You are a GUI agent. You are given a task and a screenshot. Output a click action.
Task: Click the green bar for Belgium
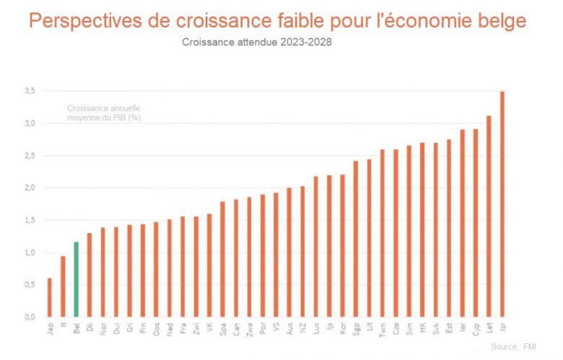point(76,279)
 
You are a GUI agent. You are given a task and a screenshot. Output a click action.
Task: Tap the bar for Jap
point(49,297)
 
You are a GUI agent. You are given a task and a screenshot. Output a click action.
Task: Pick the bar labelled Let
point(489,216)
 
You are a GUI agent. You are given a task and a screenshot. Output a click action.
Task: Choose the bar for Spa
point(222,259)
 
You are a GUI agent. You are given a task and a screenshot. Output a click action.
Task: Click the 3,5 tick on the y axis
point(30,91)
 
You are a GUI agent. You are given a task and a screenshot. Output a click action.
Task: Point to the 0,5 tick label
point(30,284)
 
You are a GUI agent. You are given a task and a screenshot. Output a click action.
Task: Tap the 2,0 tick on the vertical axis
point(30,188)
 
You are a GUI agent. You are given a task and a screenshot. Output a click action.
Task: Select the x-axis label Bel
point(77,328)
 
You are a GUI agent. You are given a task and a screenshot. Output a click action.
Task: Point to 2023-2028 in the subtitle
point(309,43)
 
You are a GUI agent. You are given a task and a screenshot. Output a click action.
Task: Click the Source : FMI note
point(513,347)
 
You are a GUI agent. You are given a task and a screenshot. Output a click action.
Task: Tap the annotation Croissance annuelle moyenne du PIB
point(104,112)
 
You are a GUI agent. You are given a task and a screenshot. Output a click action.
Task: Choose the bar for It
point(63,286)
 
